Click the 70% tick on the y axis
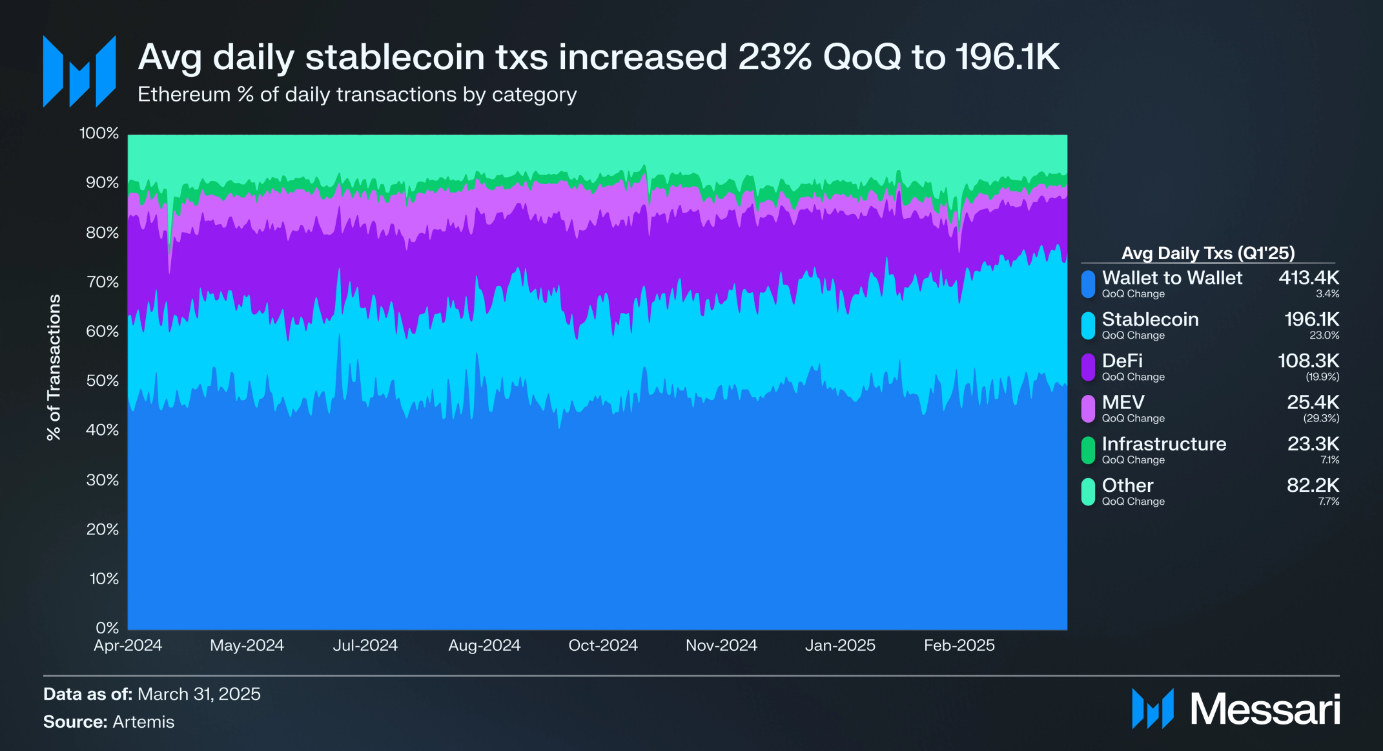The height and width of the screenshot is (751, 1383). click(x=102, y=282)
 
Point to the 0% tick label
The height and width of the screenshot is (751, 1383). click(x=107, y=628)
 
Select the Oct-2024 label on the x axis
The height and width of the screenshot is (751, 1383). click(x=602, y=645)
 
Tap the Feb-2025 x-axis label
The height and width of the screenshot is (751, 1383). click(x=959, y=645)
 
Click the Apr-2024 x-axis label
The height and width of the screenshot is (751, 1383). click(x=128, y=645)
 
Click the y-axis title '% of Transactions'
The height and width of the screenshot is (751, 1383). click(x=54, y=367)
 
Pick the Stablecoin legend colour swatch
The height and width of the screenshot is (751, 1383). click(x=1088, y=326)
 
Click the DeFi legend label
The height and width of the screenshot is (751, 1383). click(x=1122, y=361)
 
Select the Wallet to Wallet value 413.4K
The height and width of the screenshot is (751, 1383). click(x=1308, y=278)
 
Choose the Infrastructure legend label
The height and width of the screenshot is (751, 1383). click(x=1163, y=444)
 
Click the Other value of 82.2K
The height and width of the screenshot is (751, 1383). click(x=1312, y=485)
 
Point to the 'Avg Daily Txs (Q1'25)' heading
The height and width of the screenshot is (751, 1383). click(x=1207, y=253)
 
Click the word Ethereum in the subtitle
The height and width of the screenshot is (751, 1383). click(x=184, y=94)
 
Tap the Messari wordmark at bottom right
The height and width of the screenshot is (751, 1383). click(x=1264, y=709)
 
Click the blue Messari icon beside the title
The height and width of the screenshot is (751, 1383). click(x=79, y=71)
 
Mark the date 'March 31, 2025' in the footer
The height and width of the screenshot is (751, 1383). click(x=199, y=694)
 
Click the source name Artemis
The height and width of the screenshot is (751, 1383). click(x=143, y=722)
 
